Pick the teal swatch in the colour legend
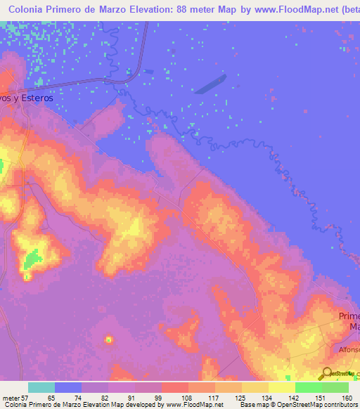[41, 387]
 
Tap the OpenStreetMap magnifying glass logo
[327, 372]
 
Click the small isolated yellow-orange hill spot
[109, 340]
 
